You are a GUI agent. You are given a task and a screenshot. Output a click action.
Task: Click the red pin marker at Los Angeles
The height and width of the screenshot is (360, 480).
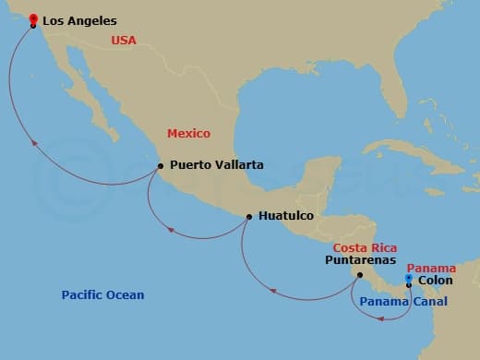[x=33, y=19]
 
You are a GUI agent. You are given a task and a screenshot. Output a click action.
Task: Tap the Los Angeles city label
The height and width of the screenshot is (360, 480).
[x=80, y=19]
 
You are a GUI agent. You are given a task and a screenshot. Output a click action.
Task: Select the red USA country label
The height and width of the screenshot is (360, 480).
[x=124, y=40]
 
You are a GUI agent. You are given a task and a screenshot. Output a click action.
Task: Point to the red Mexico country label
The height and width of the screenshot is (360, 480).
[x=188, y=133]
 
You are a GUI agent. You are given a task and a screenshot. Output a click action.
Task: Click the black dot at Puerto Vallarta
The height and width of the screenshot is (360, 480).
[x=161, y=166]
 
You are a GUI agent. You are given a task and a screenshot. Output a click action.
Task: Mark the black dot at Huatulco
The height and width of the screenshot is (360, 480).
[x=249, y=218]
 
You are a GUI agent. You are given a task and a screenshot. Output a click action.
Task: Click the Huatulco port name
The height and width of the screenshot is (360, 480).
[x=286, y=216]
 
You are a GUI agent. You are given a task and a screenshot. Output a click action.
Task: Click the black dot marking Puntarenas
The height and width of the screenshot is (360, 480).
[x=360, y=274]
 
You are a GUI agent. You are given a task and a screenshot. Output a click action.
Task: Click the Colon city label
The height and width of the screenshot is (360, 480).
[x=435, y=281]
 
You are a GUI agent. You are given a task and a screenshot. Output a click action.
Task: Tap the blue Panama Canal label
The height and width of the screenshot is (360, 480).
[x=403, y=302]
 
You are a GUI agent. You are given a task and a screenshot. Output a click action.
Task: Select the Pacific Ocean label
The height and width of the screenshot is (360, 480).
[x=102, y=295]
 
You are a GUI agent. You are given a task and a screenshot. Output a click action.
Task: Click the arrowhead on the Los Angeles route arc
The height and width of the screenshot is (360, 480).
[x=34, y=143]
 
